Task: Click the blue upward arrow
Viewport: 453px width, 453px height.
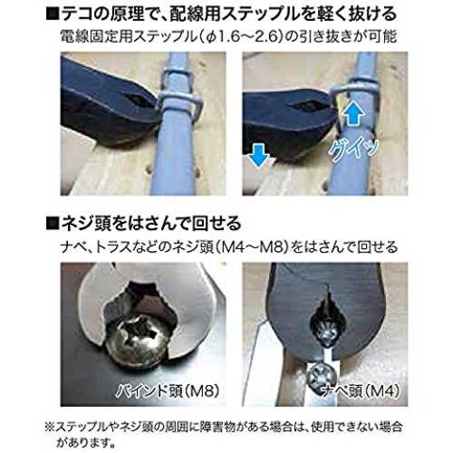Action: [x=353, y=112]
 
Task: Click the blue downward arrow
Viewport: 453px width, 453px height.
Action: [x=258, y=155]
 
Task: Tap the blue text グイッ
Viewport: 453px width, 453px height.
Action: [x=352, y=149]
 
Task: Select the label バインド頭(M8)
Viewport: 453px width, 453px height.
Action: [x=168, y=390]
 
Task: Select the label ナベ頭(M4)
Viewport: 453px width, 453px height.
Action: [x=360, y=390]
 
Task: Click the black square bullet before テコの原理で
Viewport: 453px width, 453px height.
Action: [x=53, y=14]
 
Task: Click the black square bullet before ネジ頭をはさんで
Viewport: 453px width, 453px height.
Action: [x=53, y=224]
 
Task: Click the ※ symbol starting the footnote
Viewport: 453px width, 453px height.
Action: [x=50, y=427]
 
